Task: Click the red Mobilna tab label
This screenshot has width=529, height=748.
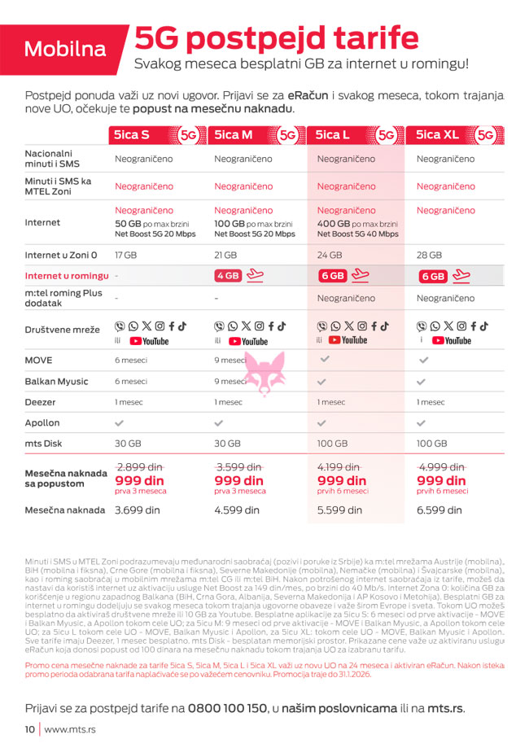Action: [65, 49]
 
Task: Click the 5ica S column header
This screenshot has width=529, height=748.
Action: [132, 135]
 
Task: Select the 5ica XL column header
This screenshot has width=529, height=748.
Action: [439, 135]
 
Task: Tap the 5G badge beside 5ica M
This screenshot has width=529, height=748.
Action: [288, 135]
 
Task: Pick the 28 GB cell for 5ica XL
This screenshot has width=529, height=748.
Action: [429, 255]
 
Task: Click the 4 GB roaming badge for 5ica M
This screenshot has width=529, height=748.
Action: [229, 276]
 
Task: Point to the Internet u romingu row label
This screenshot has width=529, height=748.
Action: [67, 276]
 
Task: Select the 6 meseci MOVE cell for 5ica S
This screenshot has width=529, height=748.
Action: [131, 359]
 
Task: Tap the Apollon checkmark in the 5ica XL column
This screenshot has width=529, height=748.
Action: [422, 423]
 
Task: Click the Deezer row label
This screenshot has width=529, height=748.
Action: [42, 401]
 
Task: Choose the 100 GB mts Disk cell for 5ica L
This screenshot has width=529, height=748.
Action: [332, 444]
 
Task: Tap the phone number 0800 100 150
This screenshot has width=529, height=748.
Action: [227, 708]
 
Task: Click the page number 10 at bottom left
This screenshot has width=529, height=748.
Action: [29, 729]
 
